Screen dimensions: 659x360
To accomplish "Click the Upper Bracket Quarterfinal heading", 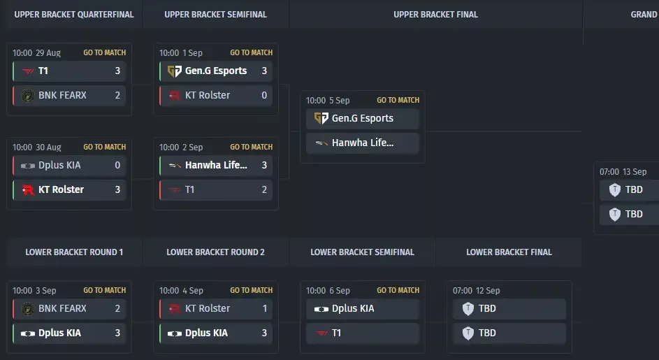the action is pyautogui.click(x=74, y=14).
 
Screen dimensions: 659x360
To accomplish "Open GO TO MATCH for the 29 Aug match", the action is pyautogui.click(x=105, y=52).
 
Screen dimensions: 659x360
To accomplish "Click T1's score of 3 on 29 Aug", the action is pyautogui.click(x=117, y=71).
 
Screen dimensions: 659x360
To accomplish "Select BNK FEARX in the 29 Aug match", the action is pyautogui.click(x=62, y=95).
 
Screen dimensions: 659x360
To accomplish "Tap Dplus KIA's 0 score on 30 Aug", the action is pyautogui.click(x=117, y=165).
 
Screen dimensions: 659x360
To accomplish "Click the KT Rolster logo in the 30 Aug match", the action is pyautogui.click(x=28, y=189).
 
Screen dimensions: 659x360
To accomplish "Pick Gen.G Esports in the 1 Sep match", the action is pyautogui.click(x=216, y=71).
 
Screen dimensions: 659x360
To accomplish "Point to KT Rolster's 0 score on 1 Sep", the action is pyautogui.click(x=264, y=95).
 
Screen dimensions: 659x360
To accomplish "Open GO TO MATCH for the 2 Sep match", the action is pyautogui.click(x=252, y=147).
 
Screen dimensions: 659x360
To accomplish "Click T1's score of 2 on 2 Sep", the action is pyautogui.click(x=264, y=189).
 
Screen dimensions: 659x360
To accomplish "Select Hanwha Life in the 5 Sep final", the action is pyautogui.click(x=363, y=143).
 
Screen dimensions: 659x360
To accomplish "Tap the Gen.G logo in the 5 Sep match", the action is pyautogui.click(x=321, y=118).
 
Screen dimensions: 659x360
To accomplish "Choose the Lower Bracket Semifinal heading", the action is pyautogui.click(x=362, y=252).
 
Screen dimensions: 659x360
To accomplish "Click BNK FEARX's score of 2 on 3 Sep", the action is pyautogui.click(x=117, y=308).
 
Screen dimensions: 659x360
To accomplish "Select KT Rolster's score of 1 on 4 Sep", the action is pyautogui.click(x=264, y=308).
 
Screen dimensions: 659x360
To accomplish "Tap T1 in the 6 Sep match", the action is pyautogui.click(x=336, y=333).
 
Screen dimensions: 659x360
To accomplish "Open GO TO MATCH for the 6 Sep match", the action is pyautogui.click(x=398, y=290).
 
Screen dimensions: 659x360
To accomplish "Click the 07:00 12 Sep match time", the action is pyautogui.click(x=476, y=291).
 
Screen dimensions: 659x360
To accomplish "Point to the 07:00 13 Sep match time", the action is pyautogui.click(x=623, y=171).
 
